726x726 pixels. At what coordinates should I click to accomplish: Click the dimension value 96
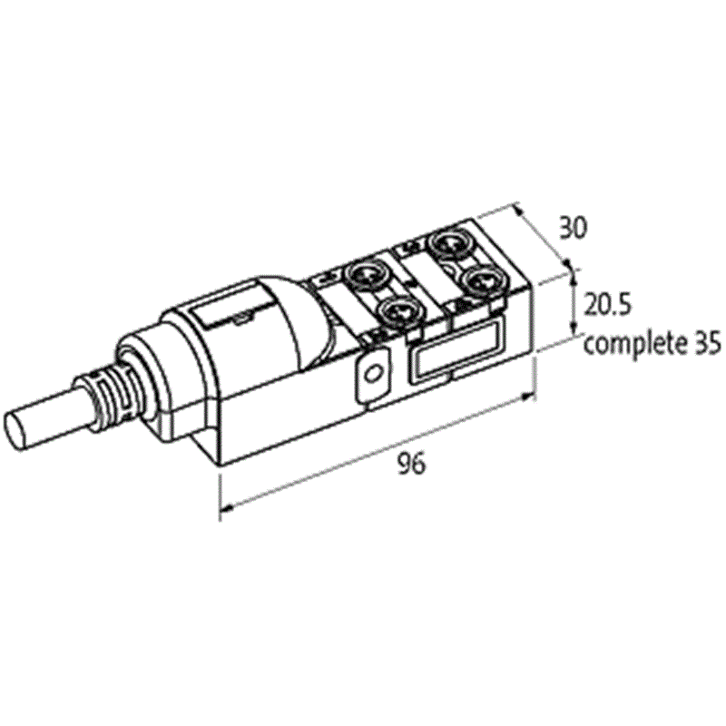pos(412,463)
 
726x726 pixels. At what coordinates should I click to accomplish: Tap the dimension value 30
pos(573,228)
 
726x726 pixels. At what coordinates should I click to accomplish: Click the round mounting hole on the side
pos(372,373)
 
